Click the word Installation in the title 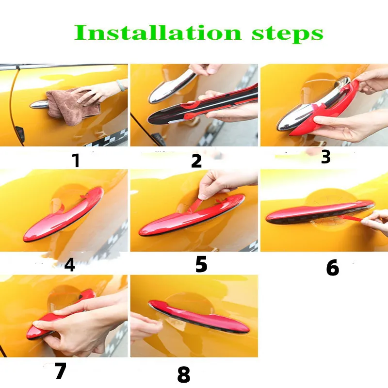[x=158, y=32]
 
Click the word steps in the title [x=287, y=34]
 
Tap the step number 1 [x=77, y=161]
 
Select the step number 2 [x=196, y=161]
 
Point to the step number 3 [x=325, y=156]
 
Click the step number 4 [x=69, y=265]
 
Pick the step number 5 [x=201, y=264]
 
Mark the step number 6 [x=333, y=268]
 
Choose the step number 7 [x=61, y=371]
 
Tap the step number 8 [x=184, y=374]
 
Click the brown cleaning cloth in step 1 [x=69, y=107]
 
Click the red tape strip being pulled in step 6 [x=348, y=217]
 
